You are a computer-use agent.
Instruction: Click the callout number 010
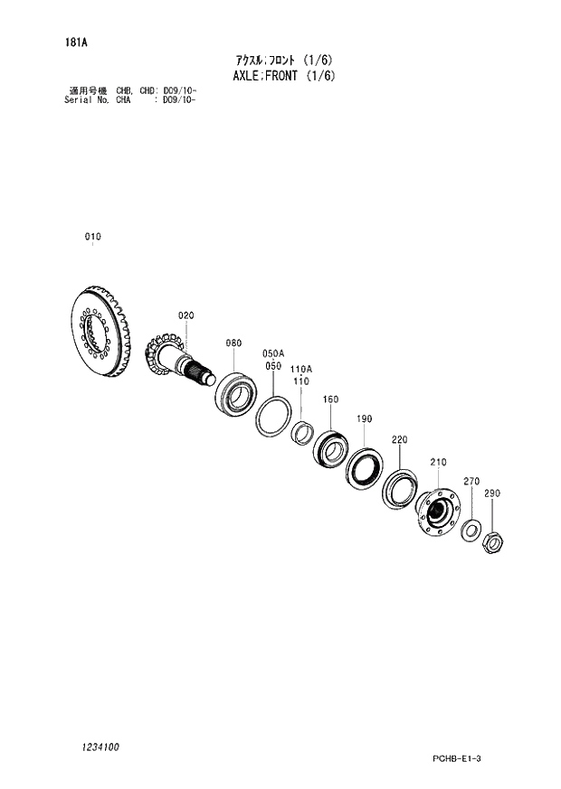click(x=93, y=237)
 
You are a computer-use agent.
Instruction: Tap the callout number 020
click(x=185, y=315)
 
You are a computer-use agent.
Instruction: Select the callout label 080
click(x=233, y=343)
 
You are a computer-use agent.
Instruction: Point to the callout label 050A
click(x=273, y=353)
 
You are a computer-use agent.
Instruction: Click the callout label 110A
click(x=301, y=370)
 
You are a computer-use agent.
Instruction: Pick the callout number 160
click(x=330, y=399)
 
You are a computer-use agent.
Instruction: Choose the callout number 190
click(x=365, y=418)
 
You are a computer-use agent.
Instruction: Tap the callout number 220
click(x=400, y=439)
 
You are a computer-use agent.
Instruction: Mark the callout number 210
click(x=438, y=463)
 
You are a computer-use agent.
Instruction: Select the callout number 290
click(x=492, y=493)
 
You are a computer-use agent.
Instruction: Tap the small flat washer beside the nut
click(x=471, y=529)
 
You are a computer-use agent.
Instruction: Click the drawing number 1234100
click(x=97, y=747)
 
